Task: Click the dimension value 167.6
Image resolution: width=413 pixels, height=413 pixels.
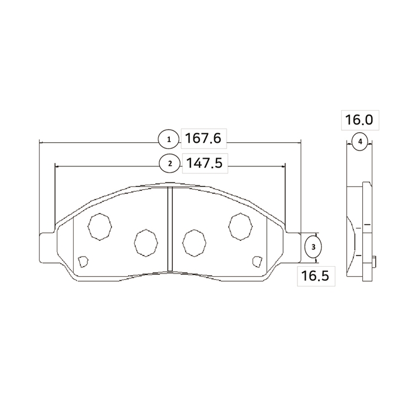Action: (203, 139)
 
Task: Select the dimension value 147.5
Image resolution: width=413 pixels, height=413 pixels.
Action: (204, 163)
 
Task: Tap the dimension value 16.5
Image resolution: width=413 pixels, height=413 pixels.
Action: (315, 276)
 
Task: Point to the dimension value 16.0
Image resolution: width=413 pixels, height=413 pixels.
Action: (359, 120)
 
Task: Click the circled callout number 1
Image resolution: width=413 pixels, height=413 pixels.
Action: (169, 140)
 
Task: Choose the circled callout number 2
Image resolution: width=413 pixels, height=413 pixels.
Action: (170, 163)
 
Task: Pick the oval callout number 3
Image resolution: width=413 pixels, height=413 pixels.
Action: (313, 247)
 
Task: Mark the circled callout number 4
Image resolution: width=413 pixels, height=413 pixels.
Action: (360, 142)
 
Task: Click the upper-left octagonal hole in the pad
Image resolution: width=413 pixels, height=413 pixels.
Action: (100, 227)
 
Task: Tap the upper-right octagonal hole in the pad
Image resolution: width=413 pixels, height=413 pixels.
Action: (241, 227)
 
